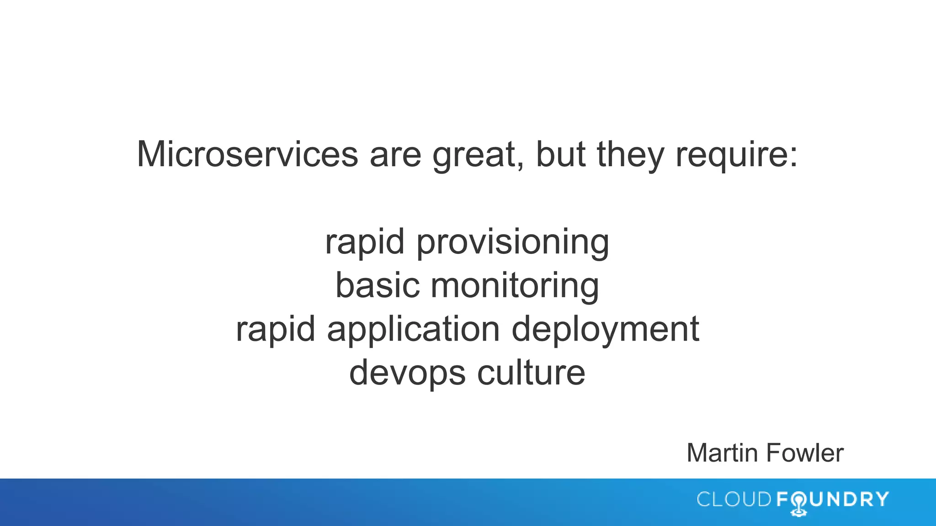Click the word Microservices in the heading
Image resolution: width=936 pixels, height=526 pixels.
(247, 154)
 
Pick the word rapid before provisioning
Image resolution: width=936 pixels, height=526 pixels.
(365, 242)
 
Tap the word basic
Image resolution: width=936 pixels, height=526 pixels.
(378, 285)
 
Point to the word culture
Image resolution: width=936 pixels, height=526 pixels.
(531, 373)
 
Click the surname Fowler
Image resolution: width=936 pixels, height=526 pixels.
(804, 453)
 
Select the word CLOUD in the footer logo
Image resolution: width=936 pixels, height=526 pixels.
(734, 500)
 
